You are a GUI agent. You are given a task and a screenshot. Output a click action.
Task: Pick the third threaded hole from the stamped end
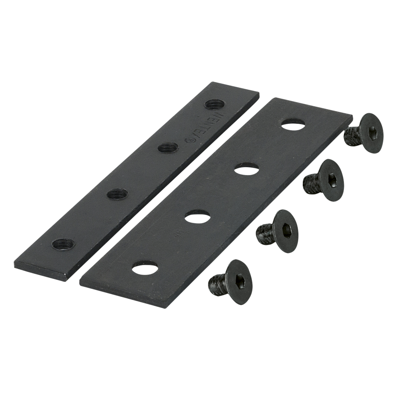[118, 194]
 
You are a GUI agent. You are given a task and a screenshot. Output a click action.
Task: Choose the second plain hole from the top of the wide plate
[245, 169]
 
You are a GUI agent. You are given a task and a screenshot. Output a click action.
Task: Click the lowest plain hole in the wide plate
[144, 267]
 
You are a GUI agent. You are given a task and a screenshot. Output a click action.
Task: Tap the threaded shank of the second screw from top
[312, 183]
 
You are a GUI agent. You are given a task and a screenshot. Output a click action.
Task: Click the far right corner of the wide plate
[352, 116]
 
